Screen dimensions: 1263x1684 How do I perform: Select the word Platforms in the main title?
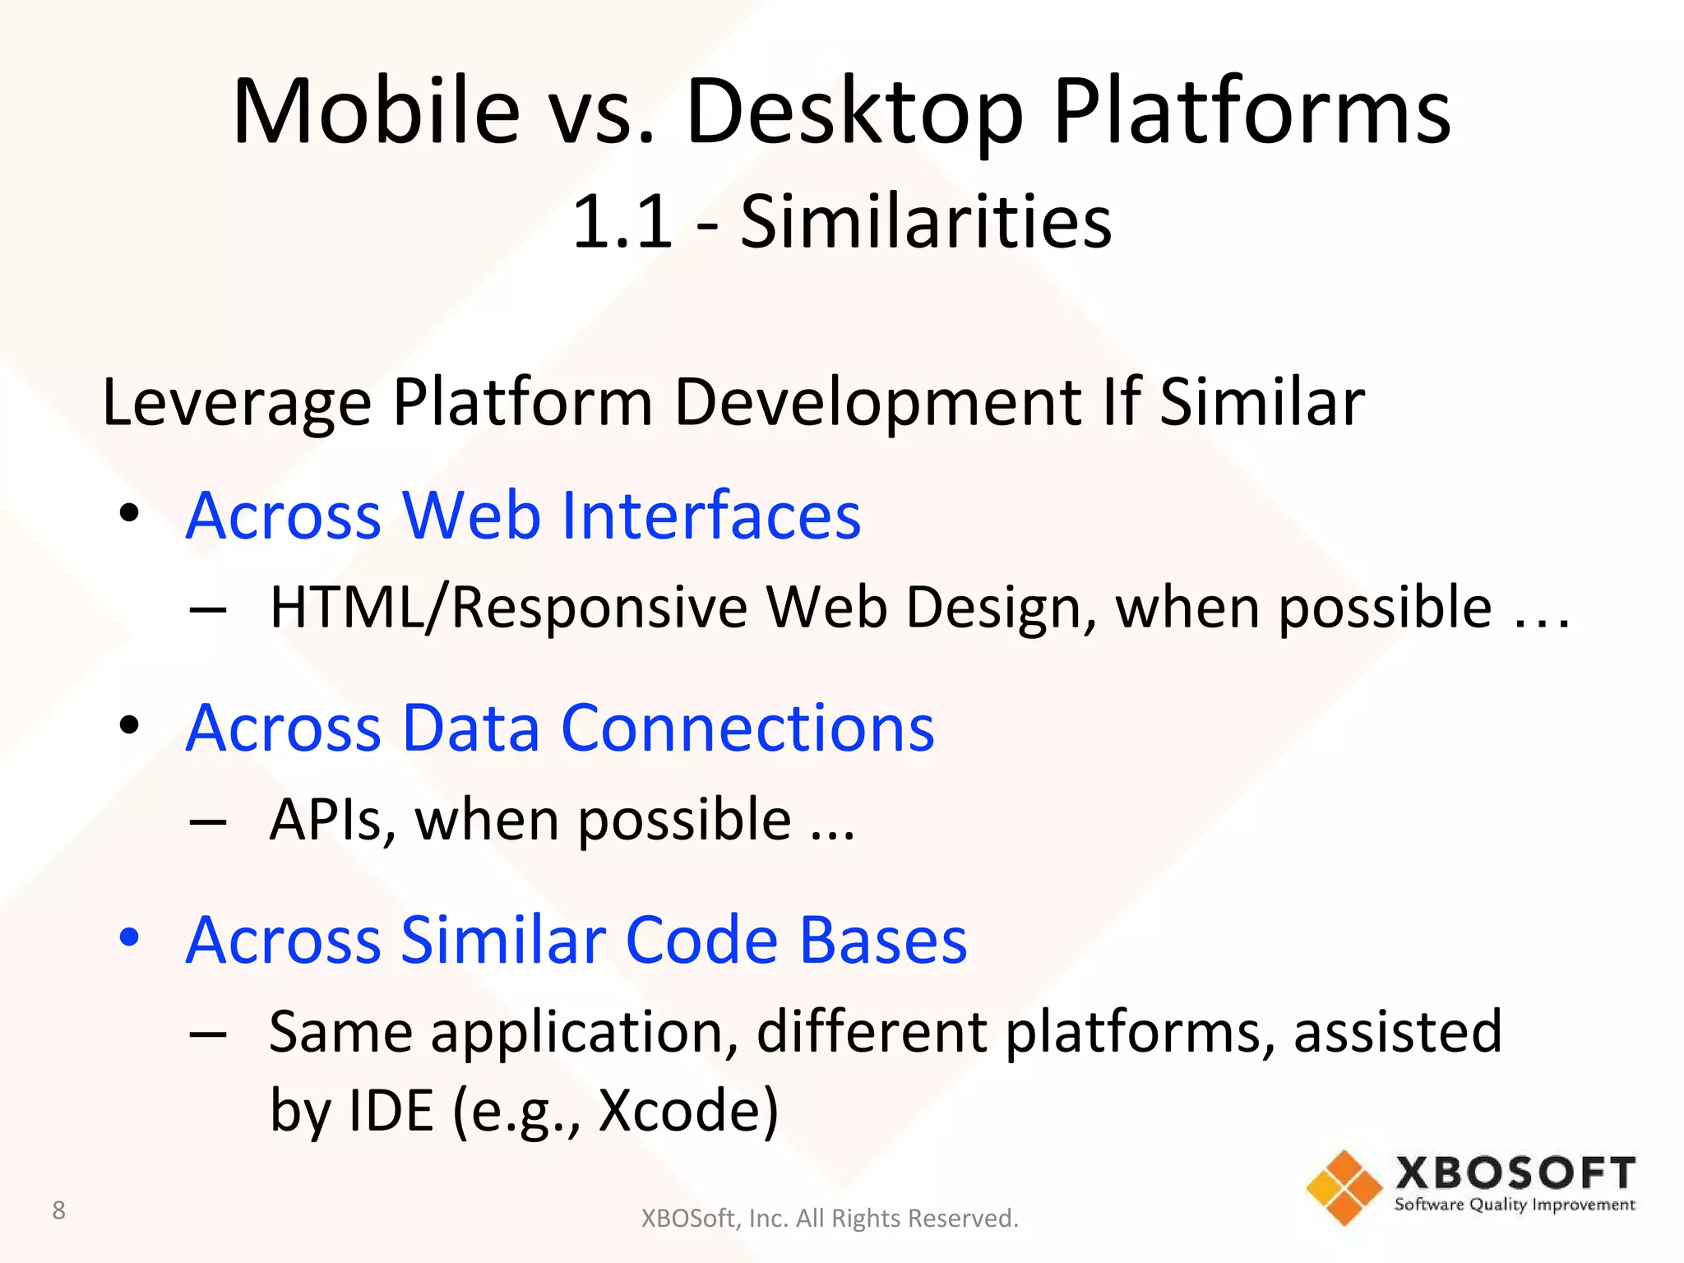(x=1251, y=113)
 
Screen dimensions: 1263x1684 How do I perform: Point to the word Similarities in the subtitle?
(x=925, y=222)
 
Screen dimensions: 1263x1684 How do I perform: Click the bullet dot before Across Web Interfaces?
(x=129, y=514)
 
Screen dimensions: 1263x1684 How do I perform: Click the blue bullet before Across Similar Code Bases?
(x=129, y=937)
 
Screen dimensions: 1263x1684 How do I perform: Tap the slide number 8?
(x=58, y=1210)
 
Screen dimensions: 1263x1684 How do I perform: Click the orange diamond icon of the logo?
(x=1344, y=1188)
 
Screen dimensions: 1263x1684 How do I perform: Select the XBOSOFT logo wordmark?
(x=1515, y=1174)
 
